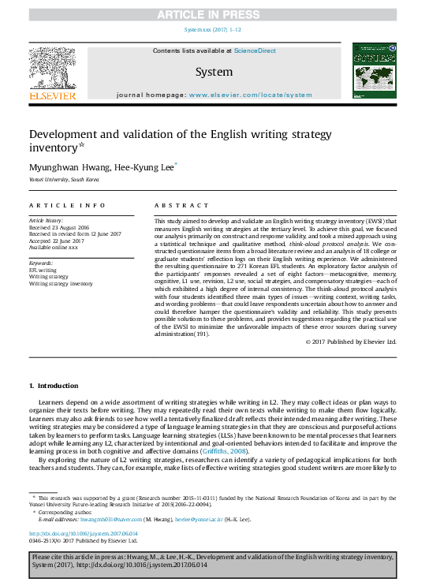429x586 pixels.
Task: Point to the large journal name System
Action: click(214, 72)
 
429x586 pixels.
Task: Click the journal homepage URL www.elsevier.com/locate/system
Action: click(251, 95)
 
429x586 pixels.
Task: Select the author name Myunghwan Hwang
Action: click(62, 166)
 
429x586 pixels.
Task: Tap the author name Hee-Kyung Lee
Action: click(148, 166)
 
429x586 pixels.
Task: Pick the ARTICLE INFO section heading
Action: click(56, 204)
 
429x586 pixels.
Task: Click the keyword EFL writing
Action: click(45, 270)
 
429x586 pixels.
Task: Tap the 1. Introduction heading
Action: click(54, 385)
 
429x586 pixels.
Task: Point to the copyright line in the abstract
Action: click(350, 342)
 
